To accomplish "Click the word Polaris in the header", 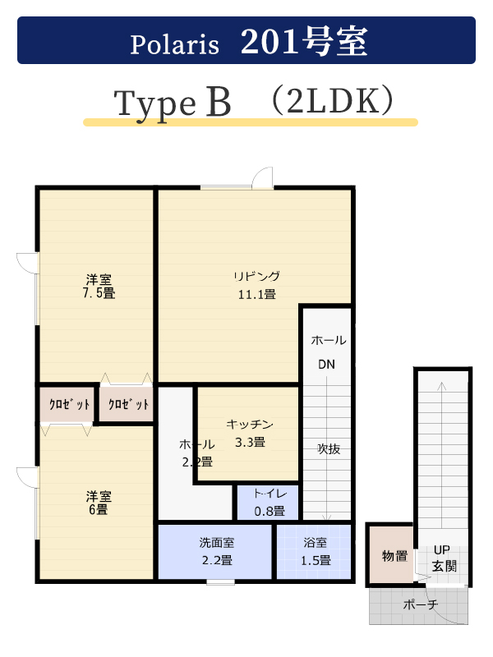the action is point(174,44).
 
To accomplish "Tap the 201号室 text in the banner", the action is point(304,41).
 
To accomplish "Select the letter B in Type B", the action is point(218,102).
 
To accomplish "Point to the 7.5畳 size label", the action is point(99,293).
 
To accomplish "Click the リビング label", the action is point(256,276).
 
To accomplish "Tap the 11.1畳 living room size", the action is point(256,295).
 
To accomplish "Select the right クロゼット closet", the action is point(127,404).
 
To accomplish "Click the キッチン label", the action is point(250,424).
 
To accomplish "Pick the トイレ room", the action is point(268,502).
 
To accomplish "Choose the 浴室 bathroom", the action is point(314,551).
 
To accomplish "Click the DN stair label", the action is point(326,364).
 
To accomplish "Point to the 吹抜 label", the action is point(329,448).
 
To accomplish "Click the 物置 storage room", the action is point(392,554).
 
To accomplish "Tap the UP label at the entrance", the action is point(441,549).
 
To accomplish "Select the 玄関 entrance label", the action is point(444,566).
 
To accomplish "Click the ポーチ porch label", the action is point(421,604).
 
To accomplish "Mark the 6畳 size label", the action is point(98,509).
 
